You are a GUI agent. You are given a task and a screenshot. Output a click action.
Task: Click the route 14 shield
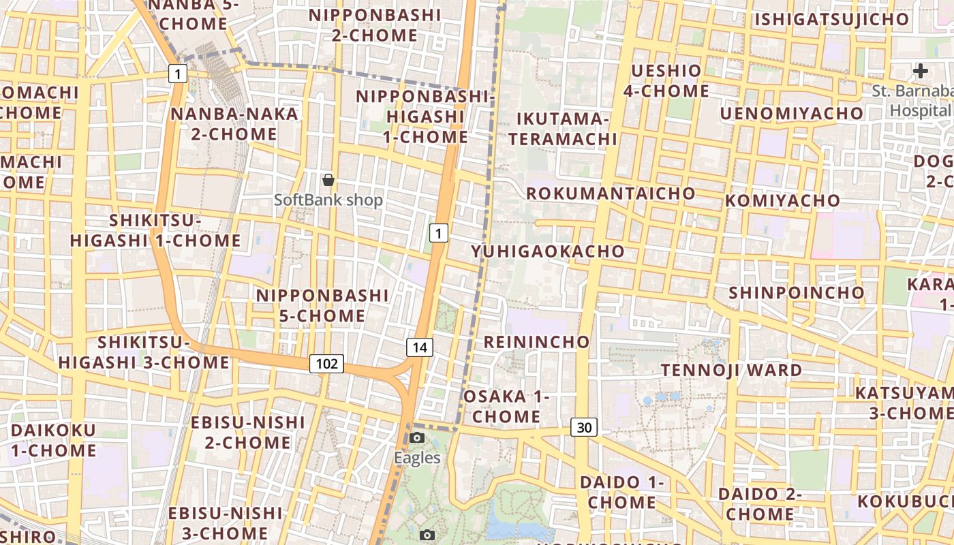click(x=420, y=347)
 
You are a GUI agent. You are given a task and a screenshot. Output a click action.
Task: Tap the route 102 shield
click(x=326, y=364)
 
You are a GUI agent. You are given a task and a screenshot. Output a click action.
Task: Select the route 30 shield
click(x=584, y=427)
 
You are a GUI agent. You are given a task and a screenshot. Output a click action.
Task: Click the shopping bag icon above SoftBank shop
click(x=328, y=180)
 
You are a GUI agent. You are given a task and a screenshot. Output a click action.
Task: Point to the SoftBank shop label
click(x=328, y=200)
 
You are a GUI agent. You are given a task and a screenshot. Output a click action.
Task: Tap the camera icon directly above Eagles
click(x=417, y=437)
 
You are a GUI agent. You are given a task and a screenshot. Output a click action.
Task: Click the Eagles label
click(x=417, y=458)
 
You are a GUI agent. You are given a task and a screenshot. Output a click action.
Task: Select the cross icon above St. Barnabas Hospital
click(x=921, y=70)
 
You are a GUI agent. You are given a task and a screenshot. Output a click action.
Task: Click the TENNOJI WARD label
click(x=732, y=371)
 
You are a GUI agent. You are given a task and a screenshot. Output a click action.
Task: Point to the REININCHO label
click(x=536, y=341)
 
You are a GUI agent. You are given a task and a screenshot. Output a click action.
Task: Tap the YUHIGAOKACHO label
click(x=548, y=251)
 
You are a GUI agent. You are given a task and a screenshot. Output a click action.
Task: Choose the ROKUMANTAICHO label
click(x=611, y=193)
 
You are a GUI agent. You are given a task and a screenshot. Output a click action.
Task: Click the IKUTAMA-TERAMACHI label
click(x=563, y=129)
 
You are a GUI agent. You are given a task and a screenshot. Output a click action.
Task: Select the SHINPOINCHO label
click(x=797, y=293)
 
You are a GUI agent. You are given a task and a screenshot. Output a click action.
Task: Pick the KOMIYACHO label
click(x=783, y=200)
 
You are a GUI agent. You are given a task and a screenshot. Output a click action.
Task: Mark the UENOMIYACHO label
click(x=792, y=113)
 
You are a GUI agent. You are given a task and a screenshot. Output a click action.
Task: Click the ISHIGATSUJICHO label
click(x=831, y=19)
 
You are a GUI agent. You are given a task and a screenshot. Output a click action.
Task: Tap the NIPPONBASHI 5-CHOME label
click(x=322, y=306)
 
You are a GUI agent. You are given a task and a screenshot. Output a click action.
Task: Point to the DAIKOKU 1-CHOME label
click(x=53, y=440)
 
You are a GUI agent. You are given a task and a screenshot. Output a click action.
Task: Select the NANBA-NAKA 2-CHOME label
click(x=234, y=123)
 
